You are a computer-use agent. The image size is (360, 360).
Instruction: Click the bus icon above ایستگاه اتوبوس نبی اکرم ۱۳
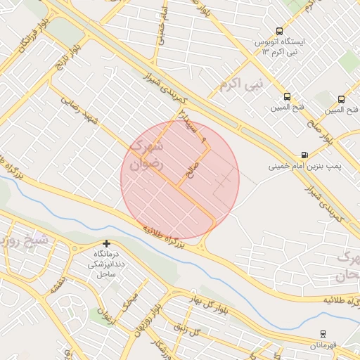click(280, 31)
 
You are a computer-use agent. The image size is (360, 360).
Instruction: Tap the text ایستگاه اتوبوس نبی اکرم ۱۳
click(281, 47)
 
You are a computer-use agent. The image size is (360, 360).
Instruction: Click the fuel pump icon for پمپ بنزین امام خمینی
click(304, 155)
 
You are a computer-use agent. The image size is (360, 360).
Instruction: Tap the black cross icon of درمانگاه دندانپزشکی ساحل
click(106, 243)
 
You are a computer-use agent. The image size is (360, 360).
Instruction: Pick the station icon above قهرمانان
click(323, 333)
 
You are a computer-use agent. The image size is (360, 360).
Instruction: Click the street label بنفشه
click(56, 285)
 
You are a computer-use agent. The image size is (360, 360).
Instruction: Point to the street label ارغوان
click(101, 313)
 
